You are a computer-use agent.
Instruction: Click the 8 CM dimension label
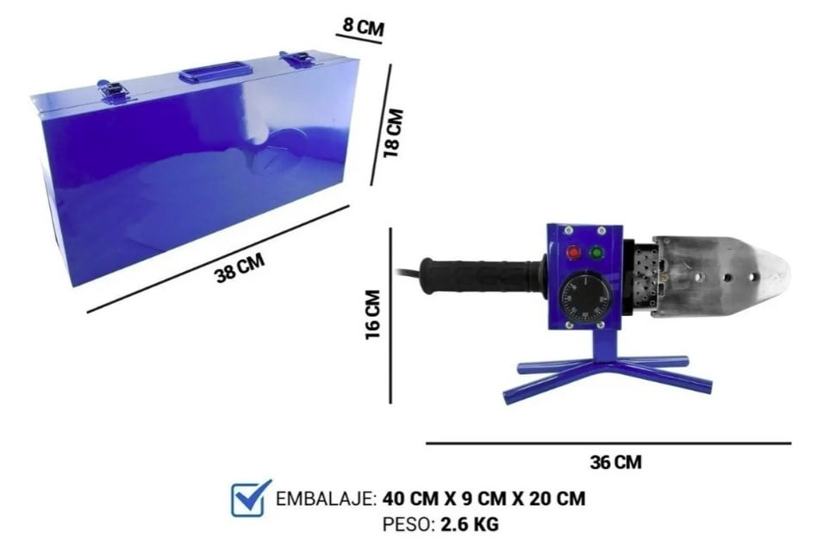point(363,26)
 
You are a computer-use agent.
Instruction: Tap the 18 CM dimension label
point(393,133)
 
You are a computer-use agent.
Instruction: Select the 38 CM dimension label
point(240,267)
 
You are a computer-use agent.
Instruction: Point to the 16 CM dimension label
point(372,315)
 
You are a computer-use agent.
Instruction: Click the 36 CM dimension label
point(616,462)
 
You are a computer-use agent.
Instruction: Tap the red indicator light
point(573,253)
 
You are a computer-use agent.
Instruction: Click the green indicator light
point(596,253)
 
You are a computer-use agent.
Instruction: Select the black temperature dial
point(583,299)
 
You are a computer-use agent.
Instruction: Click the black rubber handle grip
point(481,275)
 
